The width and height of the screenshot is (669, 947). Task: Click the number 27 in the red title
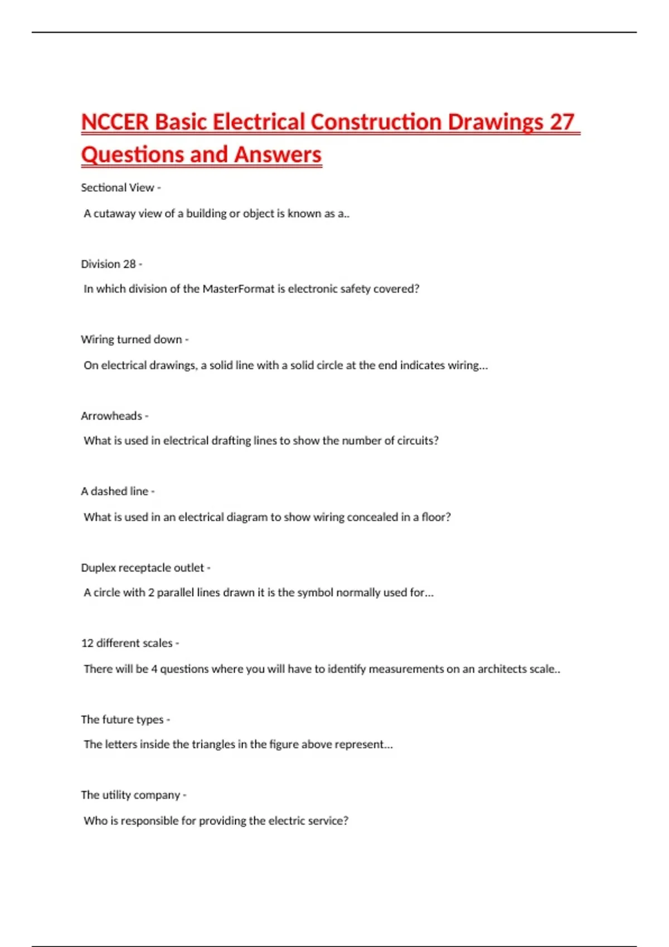[561, 122]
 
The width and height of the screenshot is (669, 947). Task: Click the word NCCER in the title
[115, 122]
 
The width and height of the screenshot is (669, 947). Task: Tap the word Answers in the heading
[278, 154]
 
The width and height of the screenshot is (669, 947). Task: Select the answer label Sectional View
[117, 188]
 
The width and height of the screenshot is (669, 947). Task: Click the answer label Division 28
[108, 264]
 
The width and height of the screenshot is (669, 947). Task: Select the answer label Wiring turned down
[131, 340]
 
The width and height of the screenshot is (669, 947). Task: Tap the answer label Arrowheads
[111, 416]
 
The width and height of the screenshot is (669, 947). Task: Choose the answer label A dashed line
[114, 491]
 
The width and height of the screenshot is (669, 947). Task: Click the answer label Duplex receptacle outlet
[142, 568]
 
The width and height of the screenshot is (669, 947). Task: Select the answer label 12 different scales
[127, 643]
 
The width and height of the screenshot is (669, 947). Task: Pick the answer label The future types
[122, 720]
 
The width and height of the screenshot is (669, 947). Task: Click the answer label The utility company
[130, 795]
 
